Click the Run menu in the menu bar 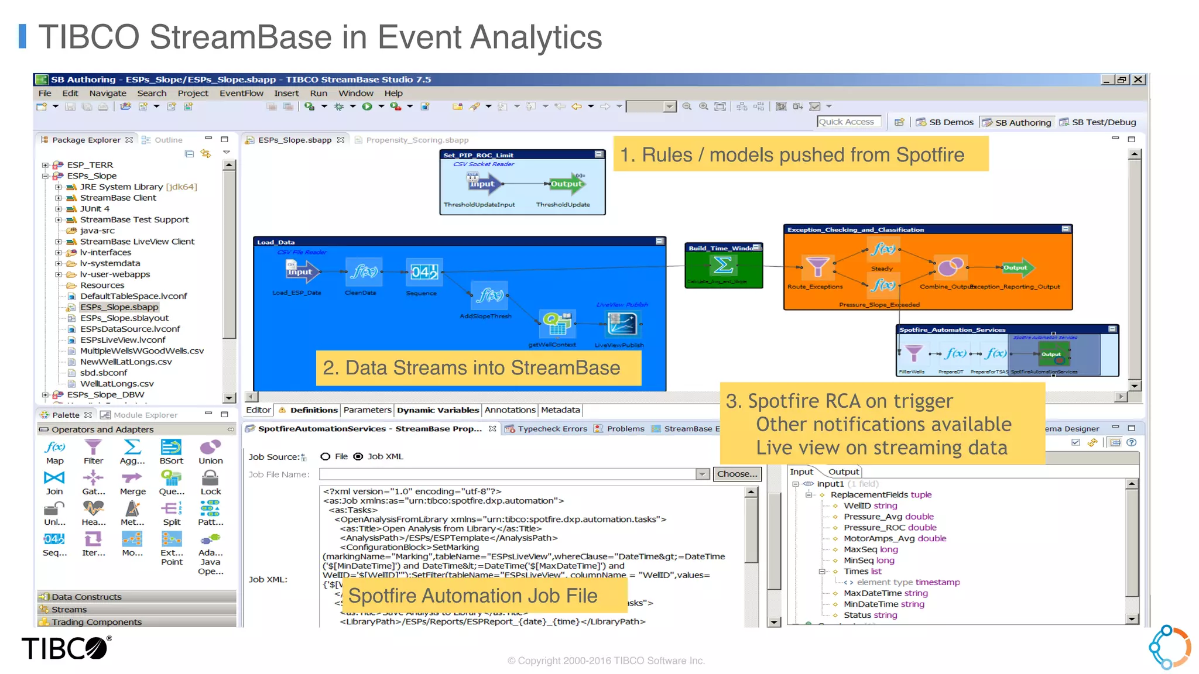pyautogui.click(x=318, y=93)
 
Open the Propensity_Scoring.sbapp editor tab pyautogui.click(x=417, y=140)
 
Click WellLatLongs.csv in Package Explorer pyautogui.click(x=117, y=384)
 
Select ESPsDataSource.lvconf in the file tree pyautogui.click(x=130, y=329)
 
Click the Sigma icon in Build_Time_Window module pyautogui.click(x=723, y=265)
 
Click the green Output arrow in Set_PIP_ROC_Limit pyautogui.click(x=566, y=184)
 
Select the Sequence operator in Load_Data pyautogui.click(x=424, y=272)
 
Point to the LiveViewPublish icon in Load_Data pyautogui.click(x=622, y=324)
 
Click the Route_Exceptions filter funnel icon pyautogui.click(x=817, y=266)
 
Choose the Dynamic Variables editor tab pyautogui.click(x=438, y=410)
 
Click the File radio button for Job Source pyautogui.click(x=326, y=456)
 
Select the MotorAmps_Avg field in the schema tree pyautogui.click(x=894, y=538)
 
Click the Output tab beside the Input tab pyautogui.click(x=843, y=472)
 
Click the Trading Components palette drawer pyautogui.click(x=97, y=622)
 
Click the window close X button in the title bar pyautogui.click(x=1138, y=80)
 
